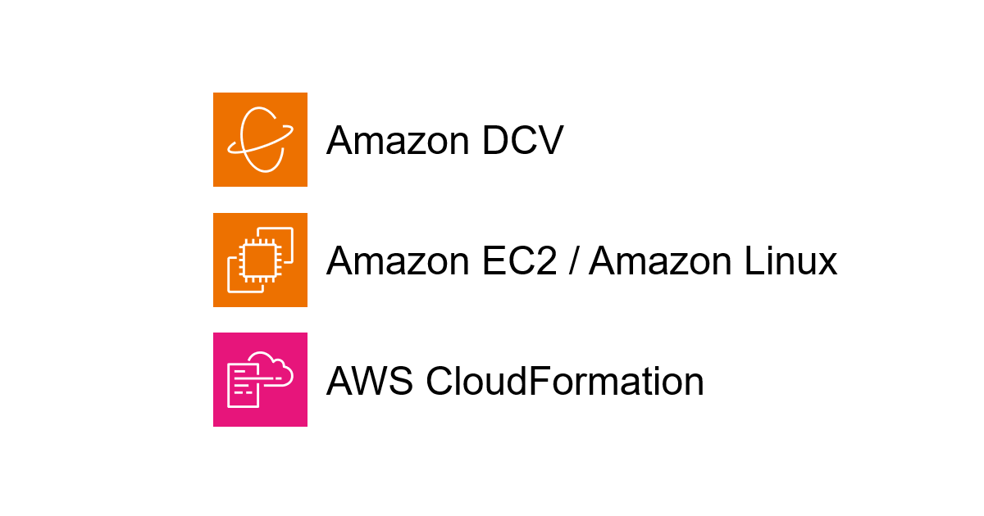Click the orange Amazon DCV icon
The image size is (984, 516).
(260, 139)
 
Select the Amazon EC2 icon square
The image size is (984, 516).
(260, 260)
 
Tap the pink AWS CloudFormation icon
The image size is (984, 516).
(260, 379)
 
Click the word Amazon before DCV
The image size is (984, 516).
(398, 140)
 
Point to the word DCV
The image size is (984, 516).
(523, 140)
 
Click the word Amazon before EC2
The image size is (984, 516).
(398, 261)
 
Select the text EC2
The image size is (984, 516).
(520, 261)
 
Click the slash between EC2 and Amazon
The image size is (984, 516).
(572, 261)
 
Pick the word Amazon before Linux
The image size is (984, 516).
(660, 261)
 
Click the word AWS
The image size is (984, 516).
(370, 381)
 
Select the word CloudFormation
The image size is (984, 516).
(565, 381)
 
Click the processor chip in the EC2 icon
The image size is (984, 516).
(260, 260)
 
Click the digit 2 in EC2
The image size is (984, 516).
(546, 260)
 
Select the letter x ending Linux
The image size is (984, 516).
(826, 265)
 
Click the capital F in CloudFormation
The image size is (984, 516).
(539, 381)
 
